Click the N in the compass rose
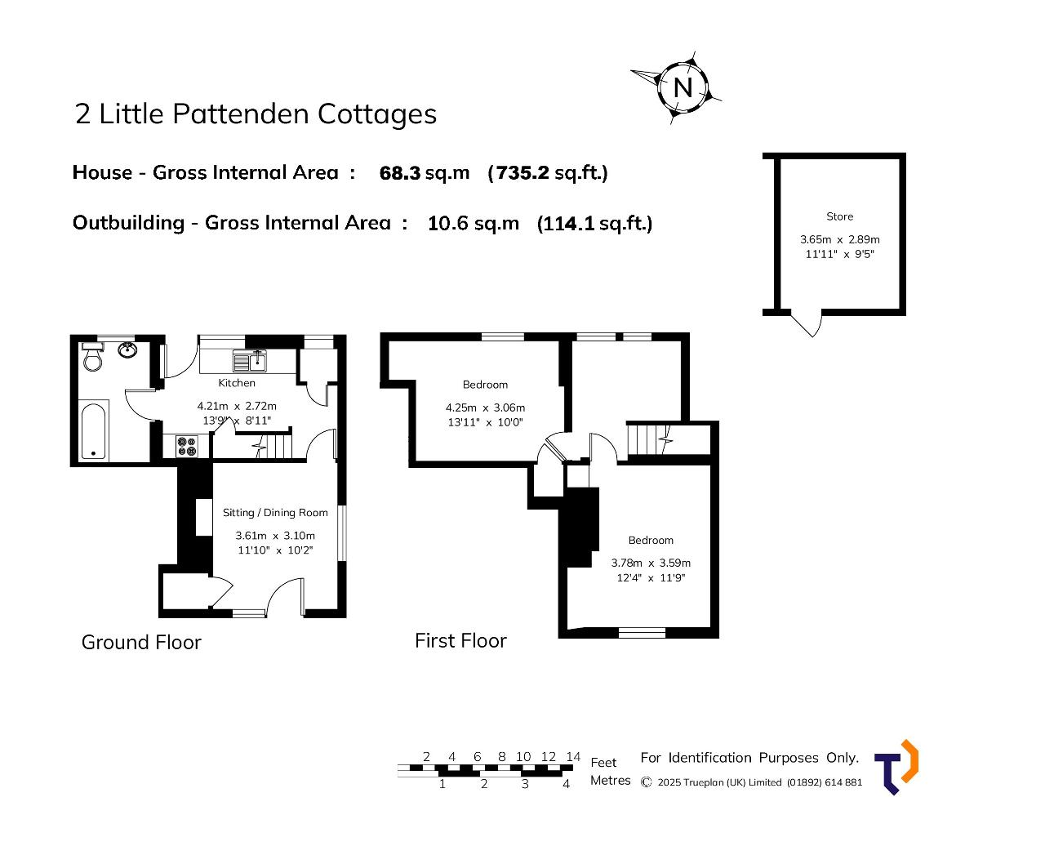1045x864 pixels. point(683,88)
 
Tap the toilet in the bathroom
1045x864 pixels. point(92,356)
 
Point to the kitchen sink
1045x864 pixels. point(249,360)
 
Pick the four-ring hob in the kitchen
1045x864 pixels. point(187,447)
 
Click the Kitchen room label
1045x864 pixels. point(237,383)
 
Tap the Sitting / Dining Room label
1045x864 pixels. point(275,513)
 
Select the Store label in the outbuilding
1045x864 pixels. point(839,216)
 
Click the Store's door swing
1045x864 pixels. point(807,324)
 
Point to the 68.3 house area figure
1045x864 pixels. point(400,172)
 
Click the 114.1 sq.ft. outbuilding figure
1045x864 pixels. point(594,223)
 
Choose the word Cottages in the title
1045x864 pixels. point(377,114)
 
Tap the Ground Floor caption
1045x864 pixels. point(141,642)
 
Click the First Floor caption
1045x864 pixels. point(460,641)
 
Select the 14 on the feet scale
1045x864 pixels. point(573,756)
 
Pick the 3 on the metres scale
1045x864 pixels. point(525,784)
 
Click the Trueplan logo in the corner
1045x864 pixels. point(896,768)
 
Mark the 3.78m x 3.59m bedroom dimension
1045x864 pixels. point(651,563)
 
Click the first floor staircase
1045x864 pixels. point(649,439)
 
